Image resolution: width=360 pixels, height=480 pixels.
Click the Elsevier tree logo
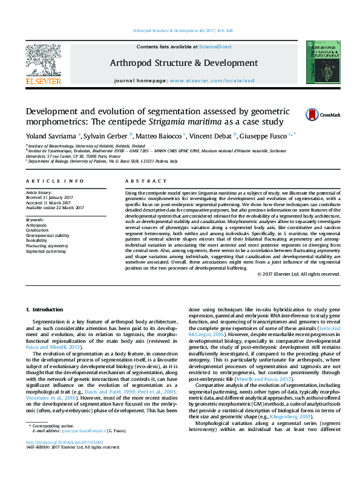[43, 60]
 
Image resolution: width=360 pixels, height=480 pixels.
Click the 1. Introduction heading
[47, 310]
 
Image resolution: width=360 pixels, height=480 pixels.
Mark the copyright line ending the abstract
[298, 274]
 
